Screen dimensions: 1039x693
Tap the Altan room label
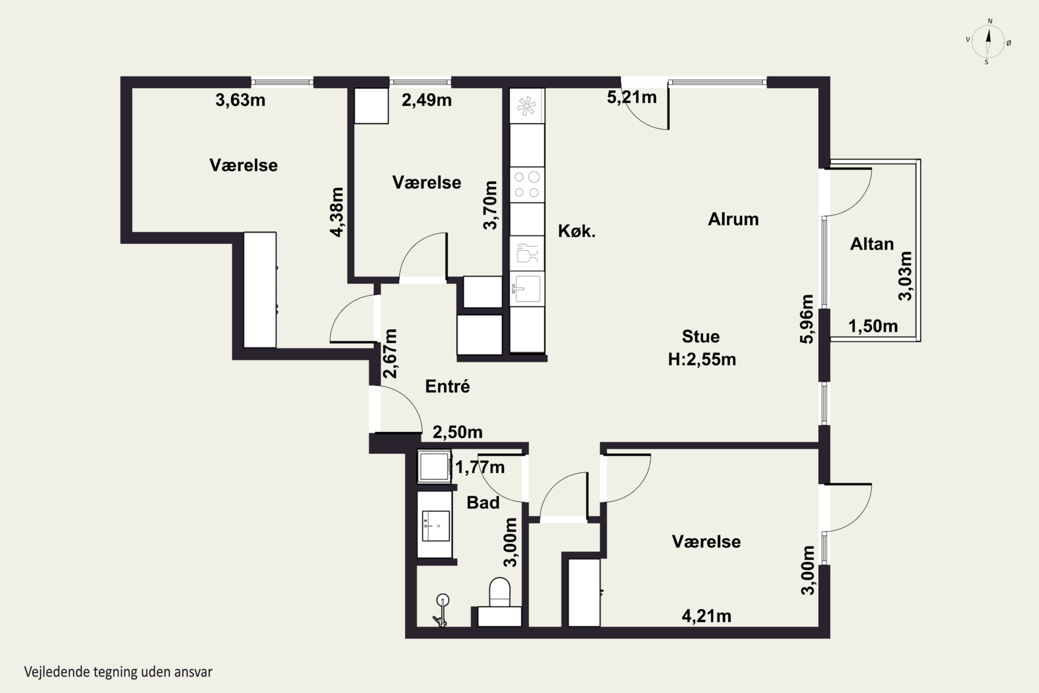(872, 244)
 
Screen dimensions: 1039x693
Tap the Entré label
(447, 386)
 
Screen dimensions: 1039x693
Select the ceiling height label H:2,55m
(702, 359)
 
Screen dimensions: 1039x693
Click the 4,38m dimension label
(337, 212)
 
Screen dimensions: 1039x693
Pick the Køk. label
(577, 231)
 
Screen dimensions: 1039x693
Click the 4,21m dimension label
(707, 616)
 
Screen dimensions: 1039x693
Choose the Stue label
(701, 336)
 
